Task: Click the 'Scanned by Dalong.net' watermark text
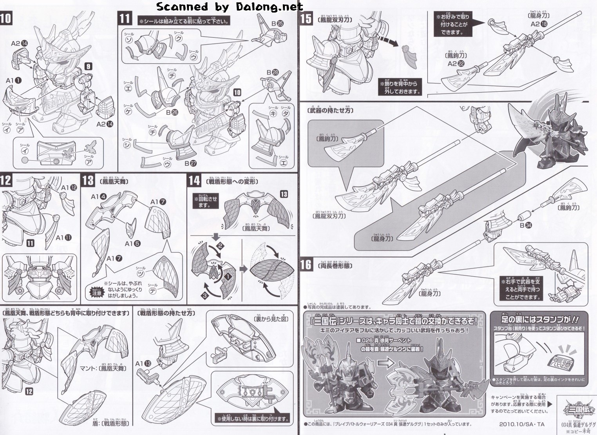coord(229,7)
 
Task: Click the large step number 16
coord(305,265)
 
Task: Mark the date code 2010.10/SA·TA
coord(522,424)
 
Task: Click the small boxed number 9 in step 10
coord(89,66)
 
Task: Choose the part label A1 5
coord(130,243)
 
